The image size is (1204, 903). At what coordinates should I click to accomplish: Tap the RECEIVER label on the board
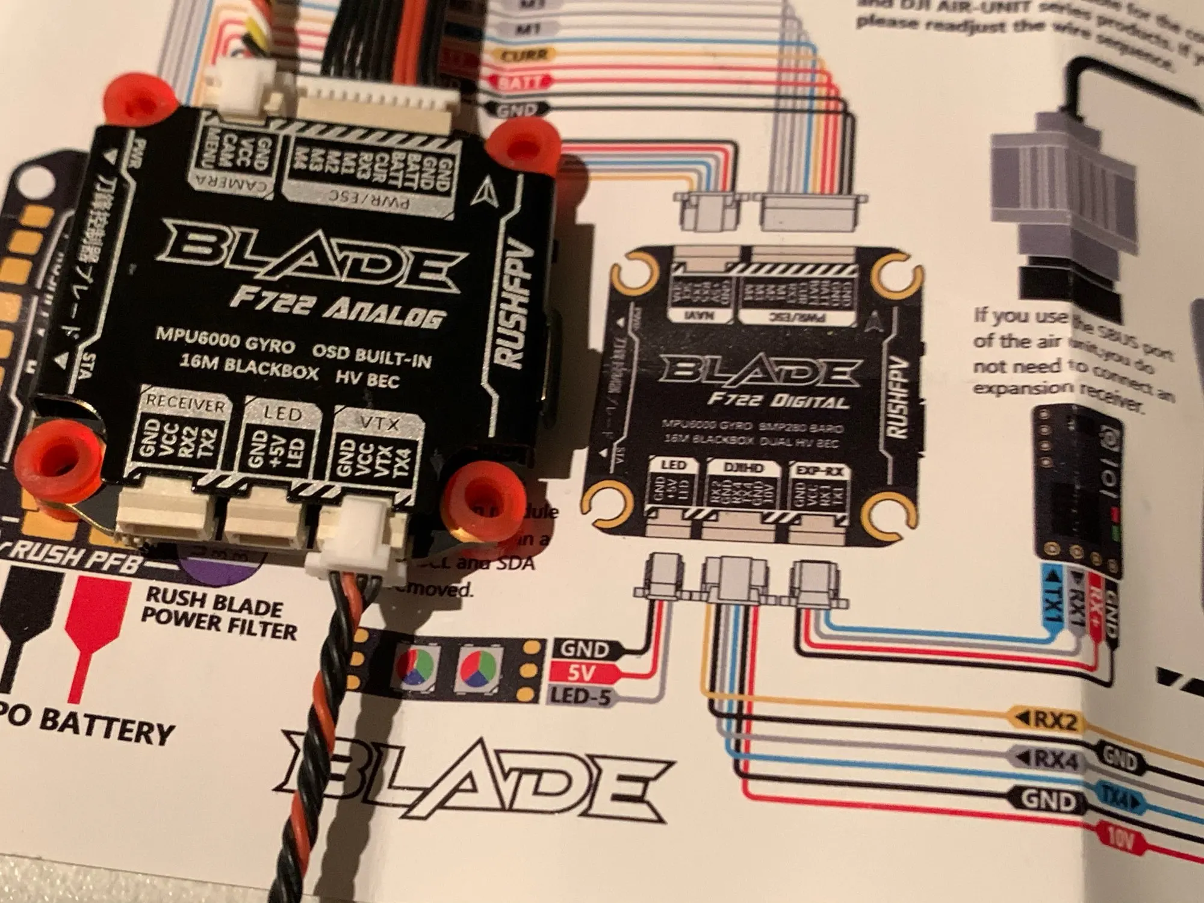coord(185,404)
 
